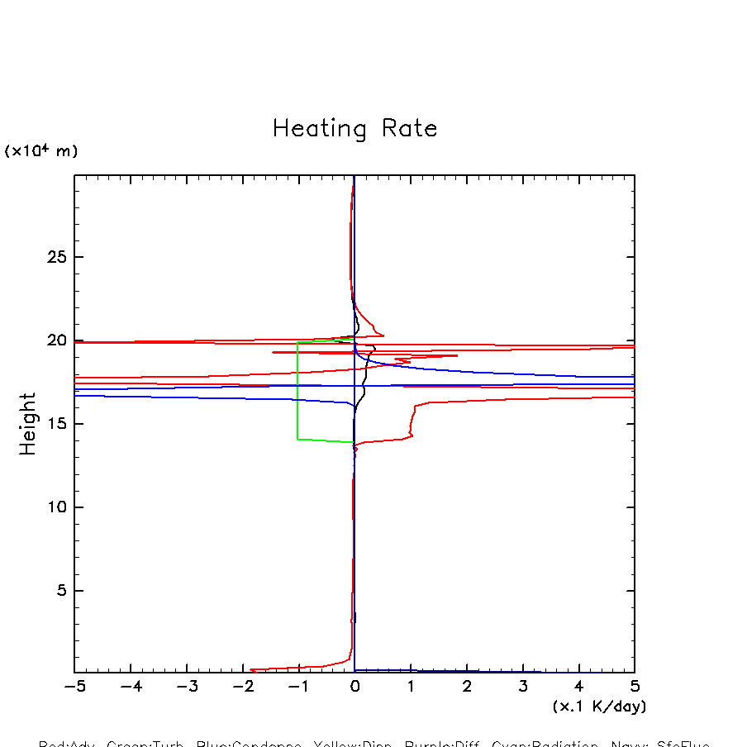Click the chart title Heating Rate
(x=354, y=129)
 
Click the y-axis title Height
(x=28, y=424)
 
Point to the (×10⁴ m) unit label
(x=41, y=151)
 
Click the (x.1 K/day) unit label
(x=599, y=707)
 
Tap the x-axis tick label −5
(x=74, y=688)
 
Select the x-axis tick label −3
(x=186, y=688)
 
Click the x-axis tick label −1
(x=298, y=688)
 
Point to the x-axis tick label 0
(x=354, y=688)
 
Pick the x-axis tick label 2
(x=467, y=688)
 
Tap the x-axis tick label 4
(x=578, y=688)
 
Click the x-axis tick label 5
(x=635, y=688)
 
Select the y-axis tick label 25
(x=55, y=257)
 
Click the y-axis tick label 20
(x=55, y=340)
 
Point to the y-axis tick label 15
(x=55, y=424)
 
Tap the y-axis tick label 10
(x=55, y=507)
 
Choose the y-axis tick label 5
(x=59, y=591)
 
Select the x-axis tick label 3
(x=523, y=688)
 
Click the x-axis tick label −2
(x=242, y=688)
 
